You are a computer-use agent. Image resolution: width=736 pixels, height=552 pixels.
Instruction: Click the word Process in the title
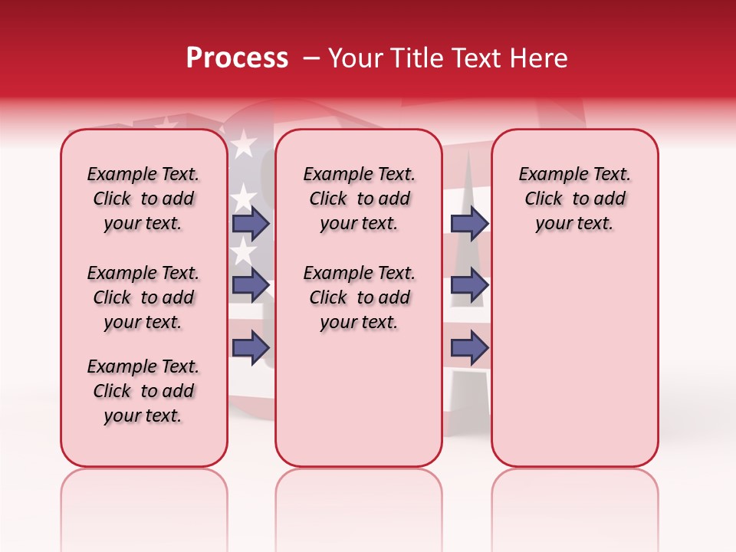[x=236, y=58]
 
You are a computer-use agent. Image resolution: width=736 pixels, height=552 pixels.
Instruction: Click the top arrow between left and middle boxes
[x=251, y=223]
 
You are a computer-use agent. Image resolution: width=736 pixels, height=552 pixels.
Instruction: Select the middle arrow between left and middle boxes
[x=251, y=285]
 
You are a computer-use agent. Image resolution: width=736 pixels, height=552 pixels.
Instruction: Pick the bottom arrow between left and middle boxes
[x=251, y=348]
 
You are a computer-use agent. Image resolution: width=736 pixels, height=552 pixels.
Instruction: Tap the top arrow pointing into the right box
[x=469, y=223]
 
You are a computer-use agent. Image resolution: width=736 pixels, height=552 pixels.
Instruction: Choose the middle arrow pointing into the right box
[x=469, y=285]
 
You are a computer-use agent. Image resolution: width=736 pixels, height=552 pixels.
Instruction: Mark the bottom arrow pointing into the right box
[x=469, y=348]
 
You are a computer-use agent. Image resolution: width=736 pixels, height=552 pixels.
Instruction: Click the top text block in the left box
[x=143, y=199]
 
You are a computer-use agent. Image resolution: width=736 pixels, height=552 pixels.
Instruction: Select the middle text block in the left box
[x=143, y=297]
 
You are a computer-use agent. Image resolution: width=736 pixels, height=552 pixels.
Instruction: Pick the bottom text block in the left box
[x=143, y=391]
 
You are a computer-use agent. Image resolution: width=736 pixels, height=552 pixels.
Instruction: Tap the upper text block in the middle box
[x=359, y=199]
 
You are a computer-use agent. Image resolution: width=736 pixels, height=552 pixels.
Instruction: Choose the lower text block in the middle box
[x=359, y=297]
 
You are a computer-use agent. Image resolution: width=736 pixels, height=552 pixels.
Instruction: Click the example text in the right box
[x=574, y=199]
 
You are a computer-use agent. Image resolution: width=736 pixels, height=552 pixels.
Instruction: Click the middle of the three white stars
[x=244, y=197]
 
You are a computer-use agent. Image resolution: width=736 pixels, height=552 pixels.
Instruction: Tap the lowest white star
[x=244, y=250]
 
